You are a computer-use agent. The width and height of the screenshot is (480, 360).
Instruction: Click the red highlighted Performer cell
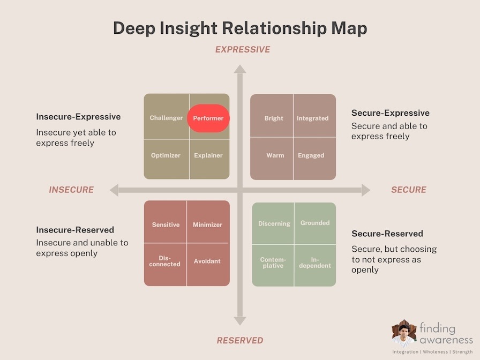click(x=208, y=118)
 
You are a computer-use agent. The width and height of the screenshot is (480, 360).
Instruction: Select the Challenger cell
click(x=166, y=117)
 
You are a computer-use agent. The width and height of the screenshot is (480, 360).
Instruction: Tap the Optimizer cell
click(x=166, y=160)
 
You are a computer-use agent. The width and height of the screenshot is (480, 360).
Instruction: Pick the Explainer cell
click(x=209, y=160)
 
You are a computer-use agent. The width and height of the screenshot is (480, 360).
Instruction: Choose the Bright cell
click(x=272, y=115)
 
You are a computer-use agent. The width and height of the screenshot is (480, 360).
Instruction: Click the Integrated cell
click(x=314, y=115)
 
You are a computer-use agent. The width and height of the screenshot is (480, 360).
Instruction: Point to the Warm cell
click(x=272, y=159)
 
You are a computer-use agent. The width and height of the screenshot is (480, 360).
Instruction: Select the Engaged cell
click(x=314, y=159)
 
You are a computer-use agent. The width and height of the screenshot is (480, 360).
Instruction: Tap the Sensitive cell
click(x=165, y=222)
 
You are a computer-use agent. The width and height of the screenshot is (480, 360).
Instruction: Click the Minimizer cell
click(x=208, y=222)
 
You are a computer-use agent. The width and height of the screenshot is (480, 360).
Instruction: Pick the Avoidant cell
click(x=208, y=265)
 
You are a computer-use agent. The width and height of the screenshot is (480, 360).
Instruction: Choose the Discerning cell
click(x=273, y=223)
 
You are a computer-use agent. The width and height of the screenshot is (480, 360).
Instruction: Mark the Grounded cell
click(x=316, y=223)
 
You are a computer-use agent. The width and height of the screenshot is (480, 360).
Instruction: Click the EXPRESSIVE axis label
click(x=243, y=50)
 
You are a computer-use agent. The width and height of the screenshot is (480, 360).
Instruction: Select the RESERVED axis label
click(x=240, y=340)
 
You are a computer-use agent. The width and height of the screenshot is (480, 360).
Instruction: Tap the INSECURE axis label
click(x=71, y=190)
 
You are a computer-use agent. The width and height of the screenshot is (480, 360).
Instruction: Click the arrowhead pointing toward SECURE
click(x=366, y=190)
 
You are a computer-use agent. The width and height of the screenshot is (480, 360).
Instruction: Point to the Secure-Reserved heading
click(x=387, y=234)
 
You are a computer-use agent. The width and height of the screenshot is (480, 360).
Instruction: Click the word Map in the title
click(x=349, y=28)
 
